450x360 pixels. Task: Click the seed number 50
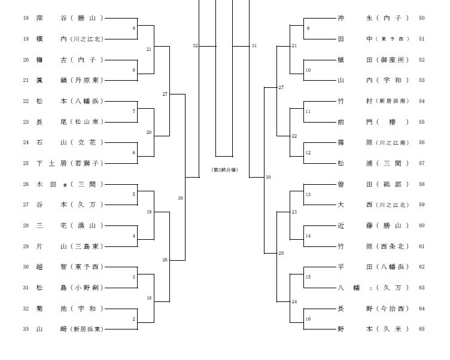422,18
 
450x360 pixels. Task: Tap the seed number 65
422,329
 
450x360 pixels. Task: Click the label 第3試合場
224,170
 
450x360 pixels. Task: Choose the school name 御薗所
392,60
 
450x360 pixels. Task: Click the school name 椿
392,122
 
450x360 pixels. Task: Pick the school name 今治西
392,309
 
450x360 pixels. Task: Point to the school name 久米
392,329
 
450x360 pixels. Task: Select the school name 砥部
392,184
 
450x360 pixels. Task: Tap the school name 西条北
392,246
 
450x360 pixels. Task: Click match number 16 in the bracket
308,319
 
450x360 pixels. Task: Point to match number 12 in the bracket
308,153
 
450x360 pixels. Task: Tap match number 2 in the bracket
133,319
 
